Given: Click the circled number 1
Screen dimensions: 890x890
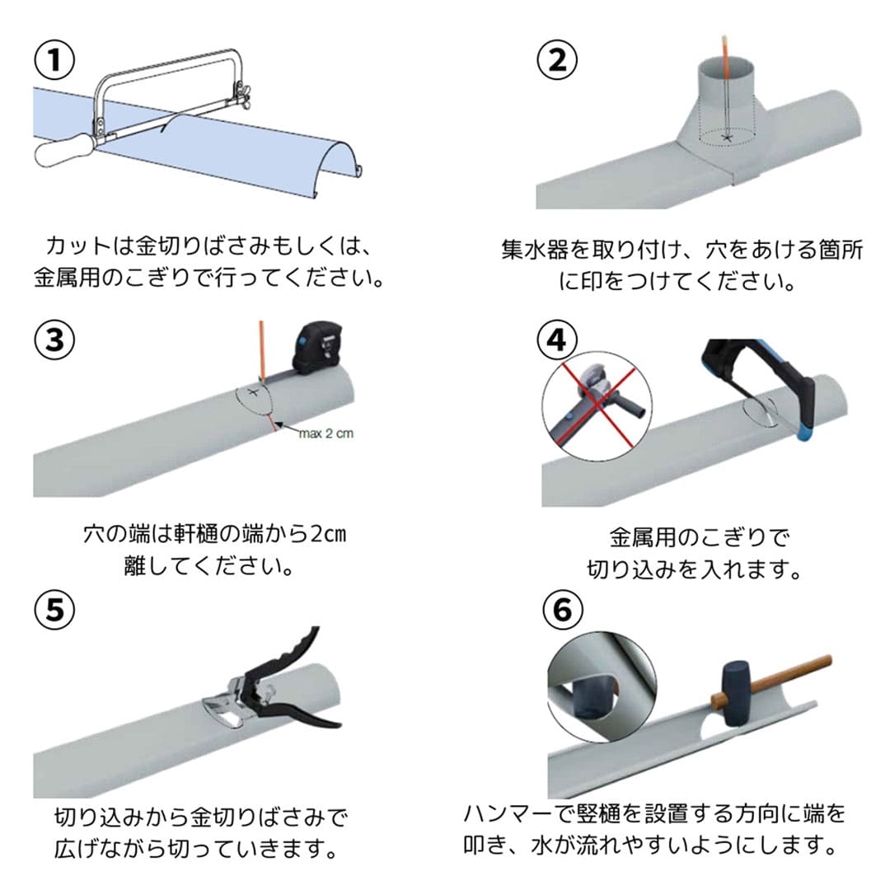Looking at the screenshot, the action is (55, 59).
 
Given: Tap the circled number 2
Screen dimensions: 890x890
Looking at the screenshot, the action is (557, 59).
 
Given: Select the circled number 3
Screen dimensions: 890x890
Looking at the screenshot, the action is (55, 340).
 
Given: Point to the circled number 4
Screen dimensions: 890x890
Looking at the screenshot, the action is (557, 340).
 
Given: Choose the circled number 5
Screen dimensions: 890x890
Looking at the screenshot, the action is (55, 610).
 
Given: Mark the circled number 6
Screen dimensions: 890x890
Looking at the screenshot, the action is (563, 610).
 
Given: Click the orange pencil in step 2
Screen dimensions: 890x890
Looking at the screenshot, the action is (725, 85).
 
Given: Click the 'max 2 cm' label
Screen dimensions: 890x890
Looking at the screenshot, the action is (326, 433).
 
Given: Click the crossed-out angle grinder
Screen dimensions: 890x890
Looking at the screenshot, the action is (596, 404).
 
